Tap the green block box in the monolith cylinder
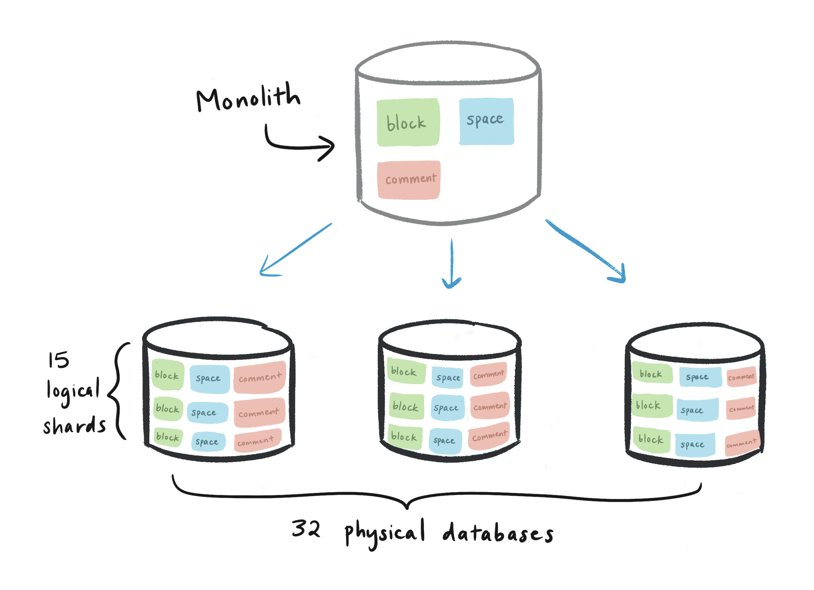(x=408, y=122)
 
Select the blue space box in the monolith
(x=486, y=121)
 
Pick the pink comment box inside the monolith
(x=409, y=179)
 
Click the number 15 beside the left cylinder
(x=59, y=360)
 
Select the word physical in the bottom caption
(x=385, y=533)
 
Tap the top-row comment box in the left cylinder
(x=260, y=378)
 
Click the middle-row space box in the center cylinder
(x=447, y=407)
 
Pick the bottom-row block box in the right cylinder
(x=651, y=439)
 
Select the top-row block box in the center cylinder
(x=405, y=371)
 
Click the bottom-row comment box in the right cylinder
(x=742, y=443)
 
